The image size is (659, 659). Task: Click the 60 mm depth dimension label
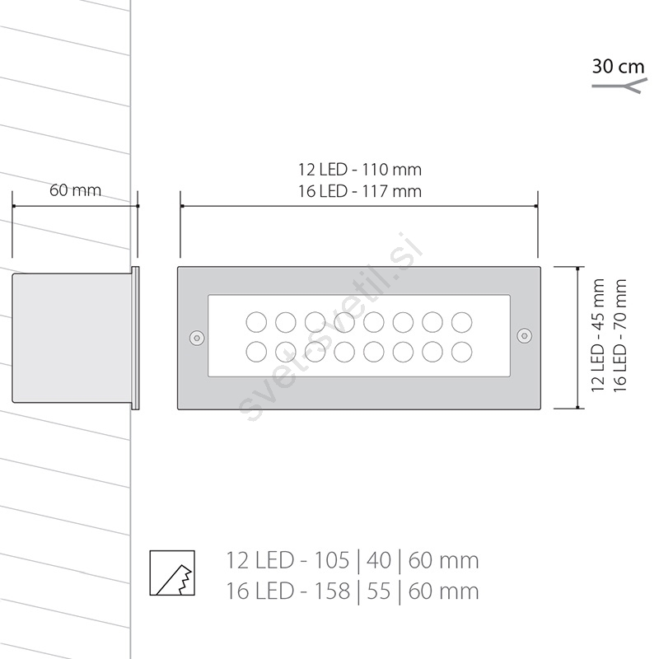point(76,190)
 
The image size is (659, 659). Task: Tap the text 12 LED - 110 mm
point(360,170)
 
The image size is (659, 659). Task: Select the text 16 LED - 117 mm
point(360,192)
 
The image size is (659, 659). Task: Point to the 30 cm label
point(619,67)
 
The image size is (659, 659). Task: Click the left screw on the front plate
point(197,337)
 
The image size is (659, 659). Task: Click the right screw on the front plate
point(524,335)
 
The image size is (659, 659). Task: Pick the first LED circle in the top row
point(256,322)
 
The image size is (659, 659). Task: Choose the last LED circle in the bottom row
point(462,352)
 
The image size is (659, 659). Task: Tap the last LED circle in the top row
point(462,322)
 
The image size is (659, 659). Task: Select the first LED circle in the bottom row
point(256,352)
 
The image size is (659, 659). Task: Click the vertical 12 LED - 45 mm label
point(598,335)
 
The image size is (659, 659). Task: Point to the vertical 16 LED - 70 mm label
point(620,335)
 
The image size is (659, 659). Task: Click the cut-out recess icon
point(172,573)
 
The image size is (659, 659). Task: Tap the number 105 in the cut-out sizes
point(332,560)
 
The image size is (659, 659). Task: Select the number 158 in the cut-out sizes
point(332,591)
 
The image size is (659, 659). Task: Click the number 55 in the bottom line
point(379,591)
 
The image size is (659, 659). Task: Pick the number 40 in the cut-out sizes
point(379,560)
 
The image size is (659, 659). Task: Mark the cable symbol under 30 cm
point(617,87)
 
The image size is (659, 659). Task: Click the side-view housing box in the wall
point(72,338)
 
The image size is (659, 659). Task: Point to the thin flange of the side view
point(135,338)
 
